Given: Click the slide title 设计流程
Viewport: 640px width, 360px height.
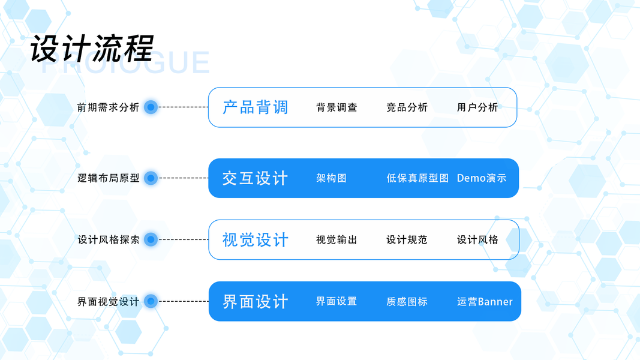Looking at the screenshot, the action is tap(92, 49).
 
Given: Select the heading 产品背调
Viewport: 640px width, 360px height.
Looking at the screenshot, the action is tap(256, 107).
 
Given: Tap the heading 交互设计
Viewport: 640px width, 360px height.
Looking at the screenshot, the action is tap(256, 178).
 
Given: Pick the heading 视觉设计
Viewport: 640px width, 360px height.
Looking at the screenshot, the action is tap(256, 240).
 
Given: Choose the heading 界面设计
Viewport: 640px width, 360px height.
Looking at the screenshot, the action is tap(256, 301).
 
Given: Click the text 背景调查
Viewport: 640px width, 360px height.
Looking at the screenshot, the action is tap(336, 107).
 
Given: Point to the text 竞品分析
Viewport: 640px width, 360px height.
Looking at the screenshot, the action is tap(407, 107).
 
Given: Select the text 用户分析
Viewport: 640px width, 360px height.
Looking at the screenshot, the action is tap(477, 107).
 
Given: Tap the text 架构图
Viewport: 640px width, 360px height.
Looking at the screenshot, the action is tap(331, 178).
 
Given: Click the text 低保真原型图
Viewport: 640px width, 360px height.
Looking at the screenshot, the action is tap(417, 178).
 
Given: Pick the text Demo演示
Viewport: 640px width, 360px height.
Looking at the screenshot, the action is tap(482, 178).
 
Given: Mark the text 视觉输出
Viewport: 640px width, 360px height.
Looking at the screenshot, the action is tap(336, 240).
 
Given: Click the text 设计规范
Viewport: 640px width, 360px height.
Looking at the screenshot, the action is tap(407, 240).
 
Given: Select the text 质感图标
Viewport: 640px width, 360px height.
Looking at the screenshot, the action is tap(407, 301).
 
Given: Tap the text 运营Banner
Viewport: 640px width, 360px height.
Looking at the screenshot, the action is tap(485, 301).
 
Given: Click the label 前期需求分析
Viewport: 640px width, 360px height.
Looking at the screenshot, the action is tap(108, 107).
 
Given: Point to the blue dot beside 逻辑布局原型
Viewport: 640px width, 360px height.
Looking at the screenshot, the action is tap(151, 178).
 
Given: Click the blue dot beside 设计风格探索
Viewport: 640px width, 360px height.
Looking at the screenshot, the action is tap(151, 239).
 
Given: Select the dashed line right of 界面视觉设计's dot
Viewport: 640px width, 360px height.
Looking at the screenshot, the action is tap(183, 301).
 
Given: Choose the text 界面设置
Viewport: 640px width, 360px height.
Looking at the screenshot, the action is tap(336, 301).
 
